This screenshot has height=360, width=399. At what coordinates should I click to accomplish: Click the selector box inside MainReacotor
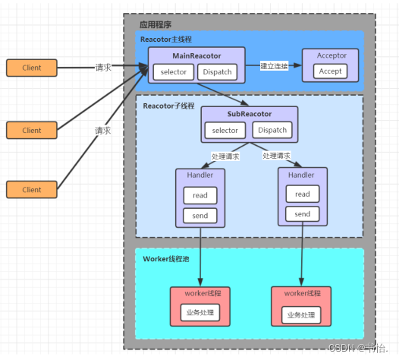[174, 72]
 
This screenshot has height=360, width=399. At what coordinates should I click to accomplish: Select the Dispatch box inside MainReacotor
[217, 72]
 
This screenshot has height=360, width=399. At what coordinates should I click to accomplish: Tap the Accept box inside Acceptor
[330, 71]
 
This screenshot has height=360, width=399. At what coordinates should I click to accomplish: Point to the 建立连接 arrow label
[274, 66]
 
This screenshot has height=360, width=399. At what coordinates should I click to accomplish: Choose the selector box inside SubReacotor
[225, 131]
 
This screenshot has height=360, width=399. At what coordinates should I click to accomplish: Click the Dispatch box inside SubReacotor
[272, 130]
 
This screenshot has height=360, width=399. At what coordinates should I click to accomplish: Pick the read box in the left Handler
[200, 195]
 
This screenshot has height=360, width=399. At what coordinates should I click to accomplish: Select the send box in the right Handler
[303, 214]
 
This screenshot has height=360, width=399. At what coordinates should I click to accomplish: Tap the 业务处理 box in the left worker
[200, 313]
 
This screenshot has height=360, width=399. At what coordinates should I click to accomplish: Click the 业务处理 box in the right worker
[301, 315]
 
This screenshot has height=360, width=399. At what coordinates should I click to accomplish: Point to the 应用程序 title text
[156, 25]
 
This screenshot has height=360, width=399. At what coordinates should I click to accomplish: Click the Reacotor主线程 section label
[166, 39]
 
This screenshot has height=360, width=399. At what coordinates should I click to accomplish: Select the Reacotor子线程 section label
[168, 106]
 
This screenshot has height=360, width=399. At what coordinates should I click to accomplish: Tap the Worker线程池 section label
[166, 259]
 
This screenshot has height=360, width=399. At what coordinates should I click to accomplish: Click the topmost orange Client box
[32, 68]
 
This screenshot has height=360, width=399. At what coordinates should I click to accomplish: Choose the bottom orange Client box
[32, 190]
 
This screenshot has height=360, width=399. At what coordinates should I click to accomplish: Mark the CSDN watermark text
[358, 348]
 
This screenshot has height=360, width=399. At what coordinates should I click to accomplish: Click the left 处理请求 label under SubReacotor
[225, 156]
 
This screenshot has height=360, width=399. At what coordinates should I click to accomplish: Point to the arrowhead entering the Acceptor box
[297, 65]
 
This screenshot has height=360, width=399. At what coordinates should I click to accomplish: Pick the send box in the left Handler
[200, 216]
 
